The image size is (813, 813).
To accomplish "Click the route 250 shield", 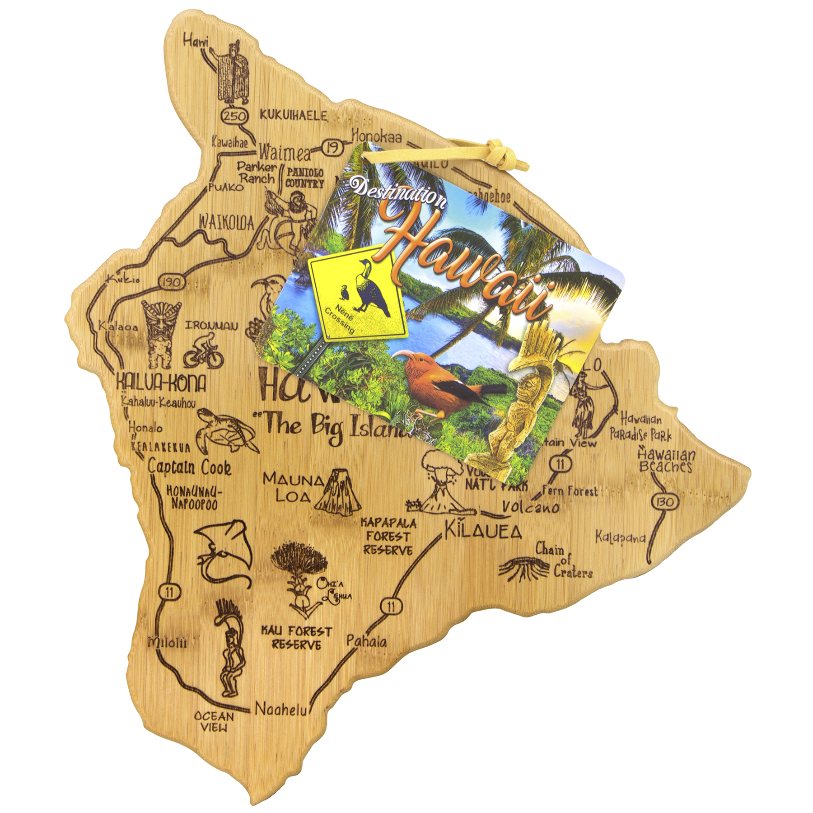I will click(x=235, y=116).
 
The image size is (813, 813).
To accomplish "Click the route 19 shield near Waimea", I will click(x=332, y=148).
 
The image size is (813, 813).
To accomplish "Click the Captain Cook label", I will click(x=190, y=467).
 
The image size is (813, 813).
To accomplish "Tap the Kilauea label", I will click(x=483, y=531).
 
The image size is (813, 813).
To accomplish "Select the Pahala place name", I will click(x=366, y=641).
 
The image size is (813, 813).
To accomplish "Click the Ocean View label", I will click(x=214, y=721).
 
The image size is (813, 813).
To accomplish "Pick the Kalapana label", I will click(x=620, y=537).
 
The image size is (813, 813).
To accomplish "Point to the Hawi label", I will click(x=196, y=42).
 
